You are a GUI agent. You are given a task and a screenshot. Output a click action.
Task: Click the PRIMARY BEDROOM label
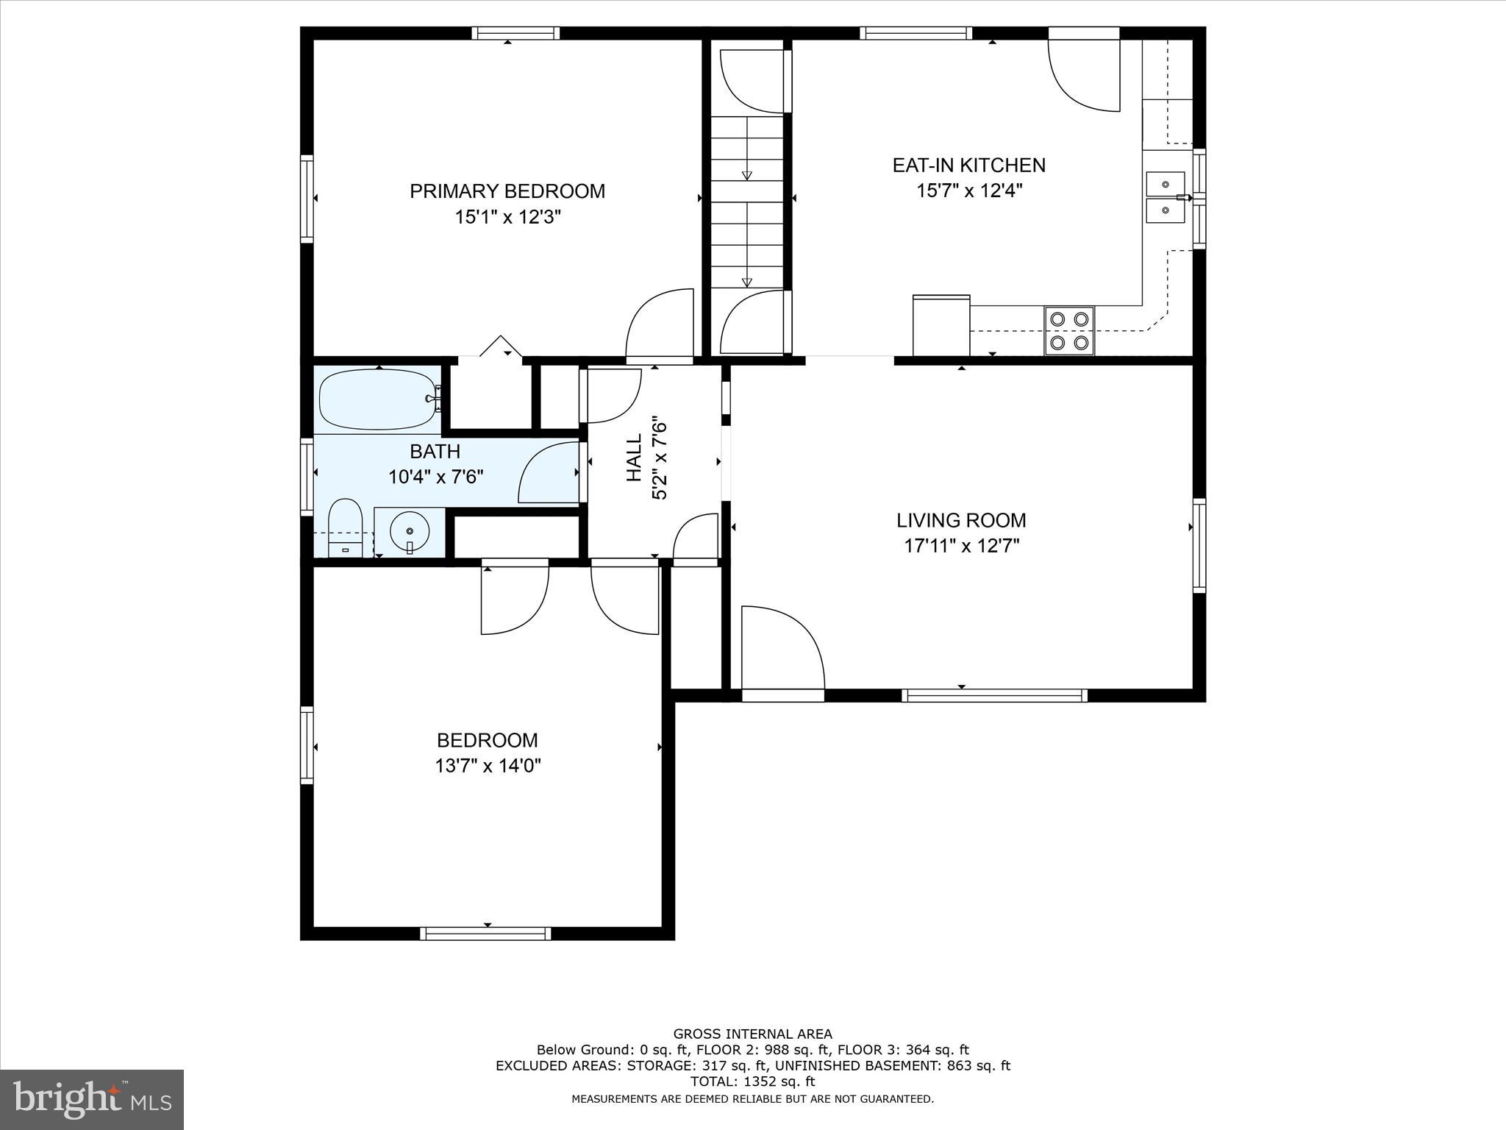507,191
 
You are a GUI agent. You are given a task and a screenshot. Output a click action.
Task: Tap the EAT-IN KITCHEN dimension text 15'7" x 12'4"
969,191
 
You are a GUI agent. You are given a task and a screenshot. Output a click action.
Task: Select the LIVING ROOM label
960,521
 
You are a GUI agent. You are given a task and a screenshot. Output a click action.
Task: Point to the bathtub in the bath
378,399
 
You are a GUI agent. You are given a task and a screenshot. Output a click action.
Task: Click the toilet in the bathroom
345,526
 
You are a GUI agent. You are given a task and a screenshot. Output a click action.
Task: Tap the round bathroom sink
410,531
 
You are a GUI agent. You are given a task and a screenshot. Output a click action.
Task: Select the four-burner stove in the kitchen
1069,331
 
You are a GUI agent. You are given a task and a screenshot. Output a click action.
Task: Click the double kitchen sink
1166,197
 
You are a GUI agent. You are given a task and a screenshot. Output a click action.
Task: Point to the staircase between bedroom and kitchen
747,202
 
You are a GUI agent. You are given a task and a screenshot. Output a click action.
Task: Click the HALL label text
634,458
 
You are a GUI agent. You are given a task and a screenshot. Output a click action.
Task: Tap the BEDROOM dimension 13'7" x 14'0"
488,766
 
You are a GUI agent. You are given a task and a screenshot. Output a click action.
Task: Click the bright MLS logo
92,1099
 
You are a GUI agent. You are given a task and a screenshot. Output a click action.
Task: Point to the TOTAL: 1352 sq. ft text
752,1081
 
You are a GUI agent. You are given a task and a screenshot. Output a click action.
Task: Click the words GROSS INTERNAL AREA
752,1034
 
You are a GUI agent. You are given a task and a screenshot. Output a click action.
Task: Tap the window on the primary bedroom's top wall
515,33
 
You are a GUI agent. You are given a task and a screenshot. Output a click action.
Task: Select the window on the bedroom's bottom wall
485,933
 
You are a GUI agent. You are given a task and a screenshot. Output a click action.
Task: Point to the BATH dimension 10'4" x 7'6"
435,477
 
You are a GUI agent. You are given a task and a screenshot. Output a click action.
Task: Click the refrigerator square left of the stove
941,326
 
